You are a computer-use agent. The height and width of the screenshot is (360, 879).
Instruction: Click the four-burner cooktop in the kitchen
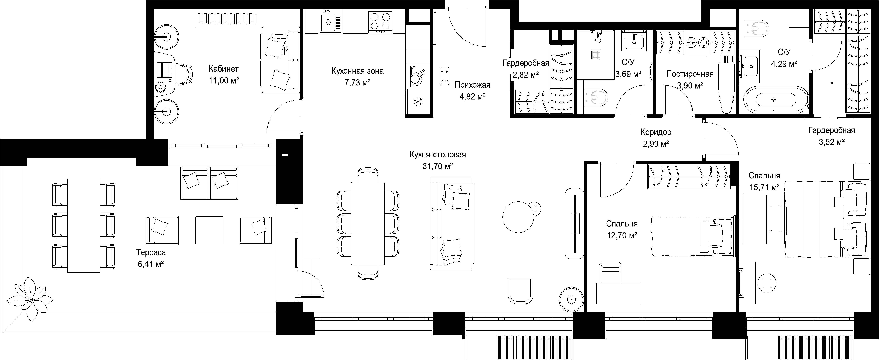click(380, 22)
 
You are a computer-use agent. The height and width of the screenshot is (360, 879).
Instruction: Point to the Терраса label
click(151, 252)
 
